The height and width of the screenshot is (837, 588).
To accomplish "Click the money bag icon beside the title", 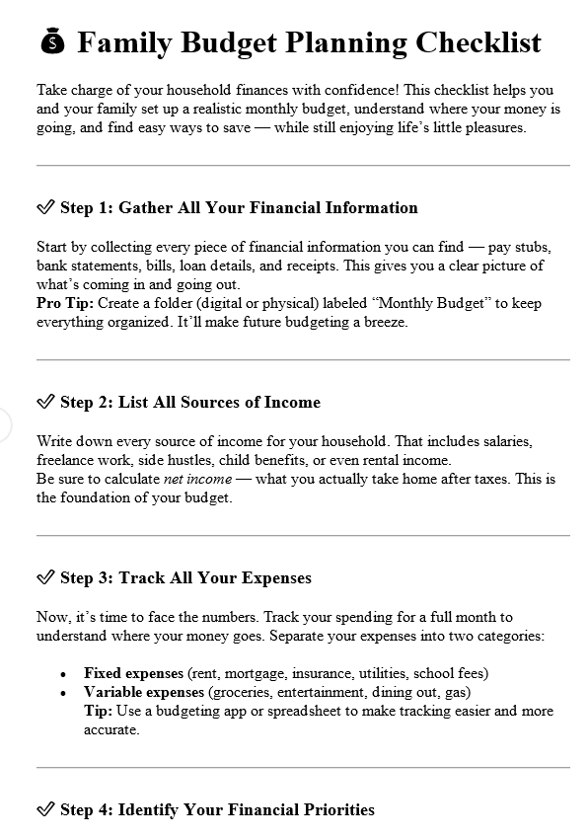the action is [x=53, y=42].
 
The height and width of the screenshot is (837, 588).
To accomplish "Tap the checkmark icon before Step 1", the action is [x=45, y=207].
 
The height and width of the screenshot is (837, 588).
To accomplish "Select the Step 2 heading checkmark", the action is [x=45, y=402].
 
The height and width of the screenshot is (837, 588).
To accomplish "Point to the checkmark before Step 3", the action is [x=45, y=577].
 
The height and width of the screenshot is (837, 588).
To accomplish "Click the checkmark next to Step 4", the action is [x=45, y=809].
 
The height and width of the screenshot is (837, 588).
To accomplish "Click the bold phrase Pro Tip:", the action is [x=64, y=303].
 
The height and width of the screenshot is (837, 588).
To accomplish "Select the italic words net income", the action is [x=196, y=479].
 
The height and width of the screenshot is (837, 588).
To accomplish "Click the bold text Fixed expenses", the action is [x=133, y=673].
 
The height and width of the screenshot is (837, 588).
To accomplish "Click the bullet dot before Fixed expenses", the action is [x=63, y=674].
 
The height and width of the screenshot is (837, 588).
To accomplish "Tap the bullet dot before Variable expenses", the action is [x=63, y=693].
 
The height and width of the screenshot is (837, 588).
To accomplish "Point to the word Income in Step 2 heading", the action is [x=292, y=402].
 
